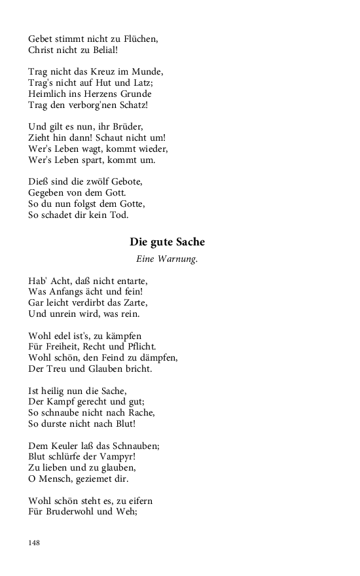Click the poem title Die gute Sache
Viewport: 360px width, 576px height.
167,242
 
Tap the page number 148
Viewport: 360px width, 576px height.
34,543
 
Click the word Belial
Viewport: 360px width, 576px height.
103,49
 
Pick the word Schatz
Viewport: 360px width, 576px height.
132,105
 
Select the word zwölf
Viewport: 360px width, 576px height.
87,182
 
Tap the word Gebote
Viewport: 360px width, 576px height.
123,182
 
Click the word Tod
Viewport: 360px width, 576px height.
120,215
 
